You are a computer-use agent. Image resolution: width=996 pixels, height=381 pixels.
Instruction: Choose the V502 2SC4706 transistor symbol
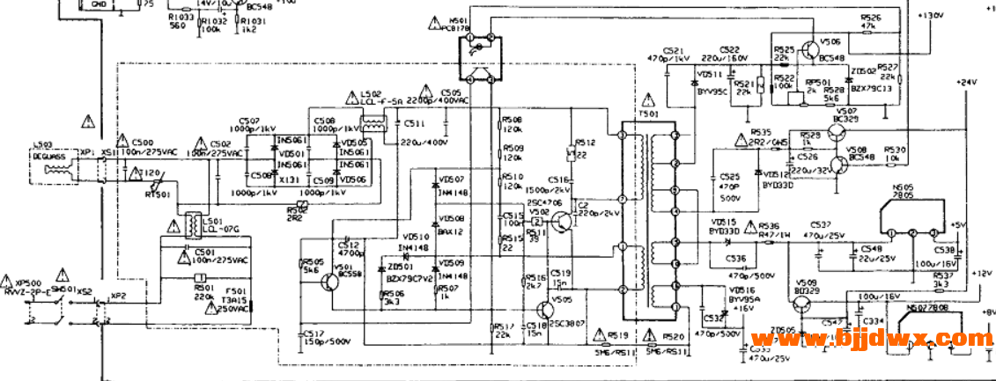click(557, 224)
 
